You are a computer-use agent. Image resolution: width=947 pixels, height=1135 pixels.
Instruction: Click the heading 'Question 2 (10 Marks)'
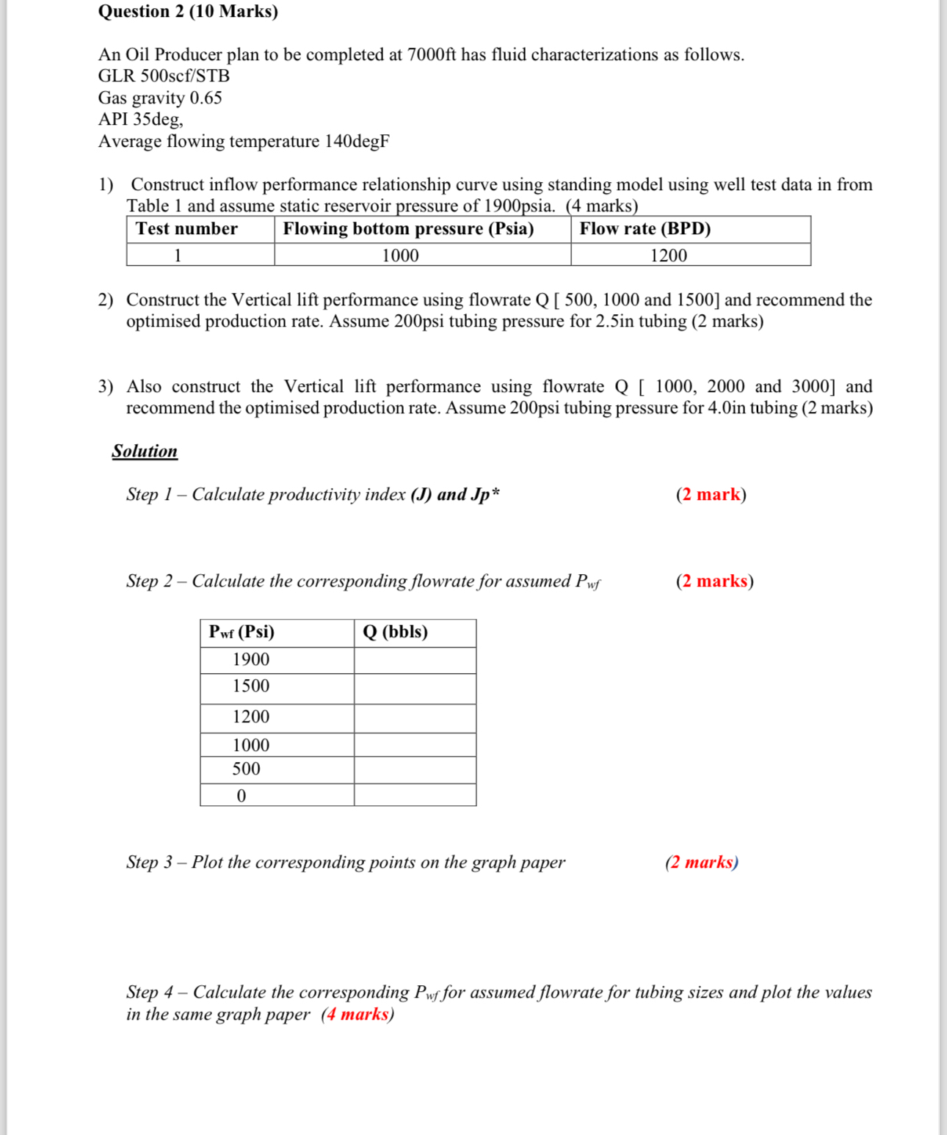point(188,12)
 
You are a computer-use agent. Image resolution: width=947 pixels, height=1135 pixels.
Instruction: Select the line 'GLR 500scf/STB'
point(164,76)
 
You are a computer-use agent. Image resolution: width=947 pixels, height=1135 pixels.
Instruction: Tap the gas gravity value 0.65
point(206,98)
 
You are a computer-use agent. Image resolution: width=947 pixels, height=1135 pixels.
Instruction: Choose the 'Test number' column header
point(186,229)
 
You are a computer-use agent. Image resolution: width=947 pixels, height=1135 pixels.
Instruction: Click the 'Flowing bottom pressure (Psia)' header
point(408,229)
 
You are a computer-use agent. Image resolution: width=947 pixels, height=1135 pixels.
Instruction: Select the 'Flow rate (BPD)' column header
point(645,229)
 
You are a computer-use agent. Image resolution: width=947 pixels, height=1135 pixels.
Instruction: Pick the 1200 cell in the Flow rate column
point(668,255)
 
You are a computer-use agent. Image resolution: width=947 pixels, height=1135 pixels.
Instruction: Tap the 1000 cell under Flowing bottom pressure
point(400,255)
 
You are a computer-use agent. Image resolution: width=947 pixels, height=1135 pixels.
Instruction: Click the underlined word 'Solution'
point(145,452)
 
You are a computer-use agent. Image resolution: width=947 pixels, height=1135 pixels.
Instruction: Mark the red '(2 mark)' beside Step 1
point(711,495)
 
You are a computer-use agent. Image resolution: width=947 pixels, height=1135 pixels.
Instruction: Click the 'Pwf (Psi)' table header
point(242,632)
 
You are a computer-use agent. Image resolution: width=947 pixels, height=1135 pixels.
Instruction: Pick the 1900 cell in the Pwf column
point(250,660)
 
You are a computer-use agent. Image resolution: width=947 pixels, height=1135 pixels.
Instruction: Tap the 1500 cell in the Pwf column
point(250,686)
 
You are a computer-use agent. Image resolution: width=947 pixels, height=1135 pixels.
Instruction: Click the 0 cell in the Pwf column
point(241,796)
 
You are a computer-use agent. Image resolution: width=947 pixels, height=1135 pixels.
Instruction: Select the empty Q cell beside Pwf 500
point(415,769)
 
